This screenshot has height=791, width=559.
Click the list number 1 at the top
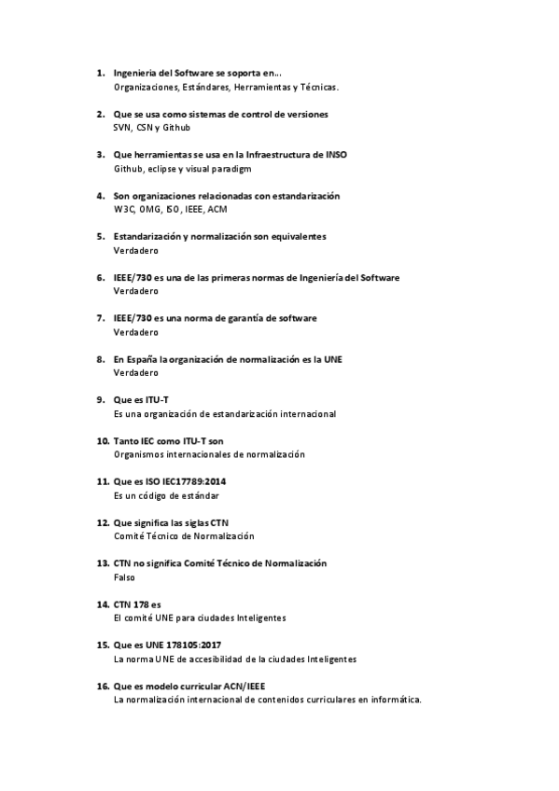[x=100, y=72]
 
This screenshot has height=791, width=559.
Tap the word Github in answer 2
[x=176, y=127]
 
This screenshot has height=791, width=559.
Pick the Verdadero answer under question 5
[x=135, y=250]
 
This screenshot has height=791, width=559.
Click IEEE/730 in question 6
[x=133, y=277]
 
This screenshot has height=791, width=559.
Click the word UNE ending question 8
[x=332, y=358]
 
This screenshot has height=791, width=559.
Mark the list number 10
[x=102, y=440]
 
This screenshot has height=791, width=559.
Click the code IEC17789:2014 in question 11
[x=194, y=481]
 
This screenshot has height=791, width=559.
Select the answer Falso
[x=123, y=576]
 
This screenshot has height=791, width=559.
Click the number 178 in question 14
[x=140, y=604]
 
